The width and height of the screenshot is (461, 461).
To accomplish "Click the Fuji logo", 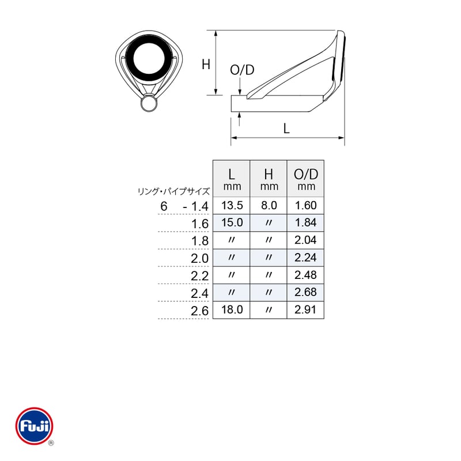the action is point(35,426).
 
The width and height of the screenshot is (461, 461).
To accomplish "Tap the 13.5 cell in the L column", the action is point(232,205).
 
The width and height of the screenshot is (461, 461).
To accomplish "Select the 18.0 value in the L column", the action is point(232,309).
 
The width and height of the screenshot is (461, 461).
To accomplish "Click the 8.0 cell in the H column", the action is point(269,205).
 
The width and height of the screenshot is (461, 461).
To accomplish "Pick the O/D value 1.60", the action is point(306,205).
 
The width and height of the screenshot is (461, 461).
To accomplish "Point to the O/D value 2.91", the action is point(305,309).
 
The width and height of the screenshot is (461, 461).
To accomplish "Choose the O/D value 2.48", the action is point(305,275).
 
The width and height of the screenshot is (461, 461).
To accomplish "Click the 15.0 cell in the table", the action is point(232,222).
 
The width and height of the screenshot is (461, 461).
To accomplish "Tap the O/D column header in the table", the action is point(306,179).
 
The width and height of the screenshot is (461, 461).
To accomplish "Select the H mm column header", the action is point(269,179).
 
